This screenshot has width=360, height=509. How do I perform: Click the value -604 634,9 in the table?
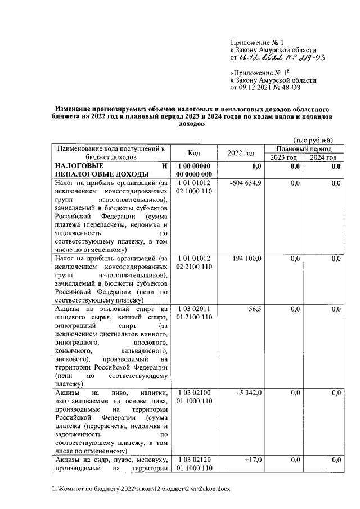246,183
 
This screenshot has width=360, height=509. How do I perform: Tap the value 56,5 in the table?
255,309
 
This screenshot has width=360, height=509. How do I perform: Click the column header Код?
194,153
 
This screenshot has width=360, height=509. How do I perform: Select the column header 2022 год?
241,153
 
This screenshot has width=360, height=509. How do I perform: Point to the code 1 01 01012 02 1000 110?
194,187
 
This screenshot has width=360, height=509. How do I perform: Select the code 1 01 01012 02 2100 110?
194,263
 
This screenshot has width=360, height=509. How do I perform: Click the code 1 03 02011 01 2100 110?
194,313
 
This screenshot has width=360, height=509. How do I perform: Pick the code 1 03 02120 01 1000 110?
194,465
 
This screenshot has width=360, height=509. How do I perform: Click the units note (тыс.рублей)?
313,140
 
